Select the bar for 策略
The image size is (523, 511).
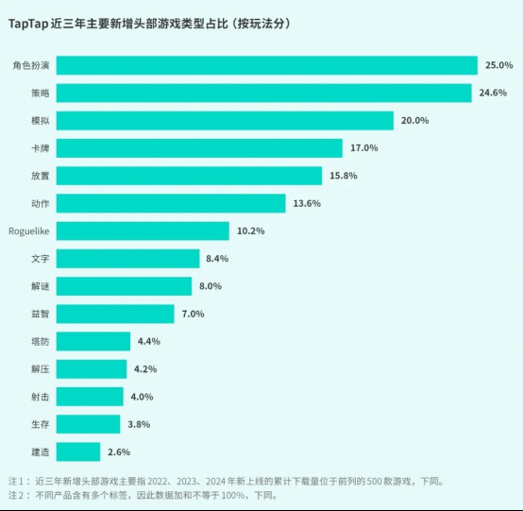click(266, 93)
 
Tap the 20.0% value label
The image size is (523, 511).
click(415, 121)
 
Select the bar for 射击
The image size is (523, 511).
click(93, 397)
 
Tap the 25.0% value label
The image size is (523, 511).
click(498, 65)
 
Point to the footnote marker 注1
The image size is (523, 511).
click(19, 480)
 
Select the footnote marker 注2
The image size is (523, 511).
click(19, 494)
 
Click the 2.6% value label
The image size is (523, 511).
click(118, 451)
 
